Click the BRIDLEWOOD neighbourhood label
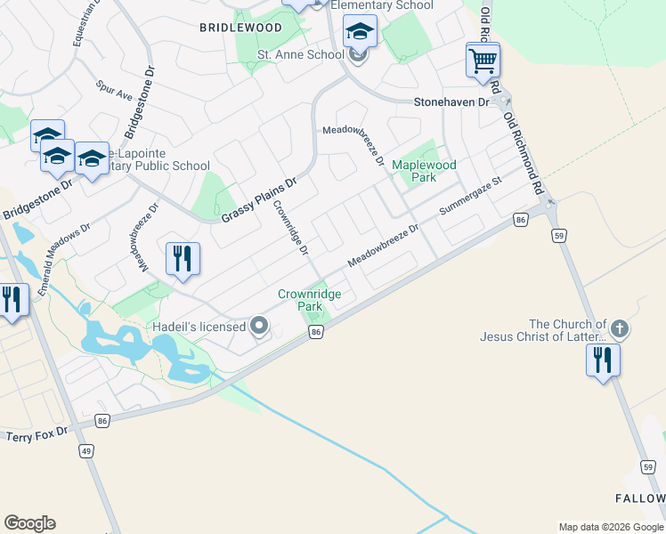(240, 28)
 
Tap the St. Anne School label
(300, 54)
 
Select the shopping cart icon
(483, 61)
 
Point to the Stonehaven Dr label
(452, 102)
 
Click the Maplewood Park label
(425, 171)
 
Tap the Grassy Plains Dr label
(258, 202)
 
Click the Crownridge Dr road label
(291, 227)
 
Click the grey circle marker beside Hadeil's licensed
(259, 327)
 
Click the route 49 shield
(86, 451)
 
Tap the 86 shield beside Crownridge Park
(315, 332)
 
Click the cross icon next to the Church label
(620, 329)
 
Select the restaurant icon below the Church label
(603, 360)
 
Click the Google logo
(29, 523)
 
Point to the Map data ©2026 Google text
(610, 527)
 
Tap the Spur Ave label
(114, 92)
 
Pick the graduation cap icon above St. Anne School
(360, 32)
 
